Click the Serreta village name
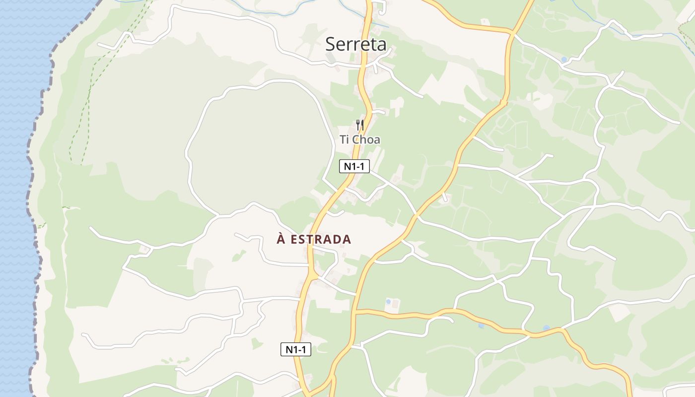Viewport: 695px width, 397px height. [x=355, y=44]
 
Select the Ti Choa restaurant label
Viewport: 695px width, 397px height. [x=360, y=140]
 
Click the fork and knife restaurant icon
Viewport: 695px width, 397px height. [x=360, y=125]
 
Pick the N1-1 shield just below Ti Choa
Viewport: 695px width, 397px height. [x=354, y=166]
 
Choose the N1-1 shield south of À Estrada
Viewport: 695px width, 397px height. [x=296, y=349]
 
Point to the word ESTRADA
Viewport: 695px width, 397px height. [x=321, y=240]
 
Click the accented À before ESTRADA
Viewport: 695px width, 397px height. [x=281, y=239]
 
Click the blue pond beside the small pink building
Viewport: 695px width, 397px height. [x=388, y=301]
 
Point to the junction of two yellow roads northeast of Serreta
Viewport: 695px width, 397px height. [x=511, y=33]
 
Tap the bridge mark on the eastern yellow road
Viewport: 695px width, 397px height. [x=504, y=103]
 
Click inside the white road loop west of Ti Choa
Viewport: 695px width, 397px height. [x=258, y=144]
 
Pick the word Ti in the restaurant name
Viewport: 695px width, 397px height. [x=345, y=140]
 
